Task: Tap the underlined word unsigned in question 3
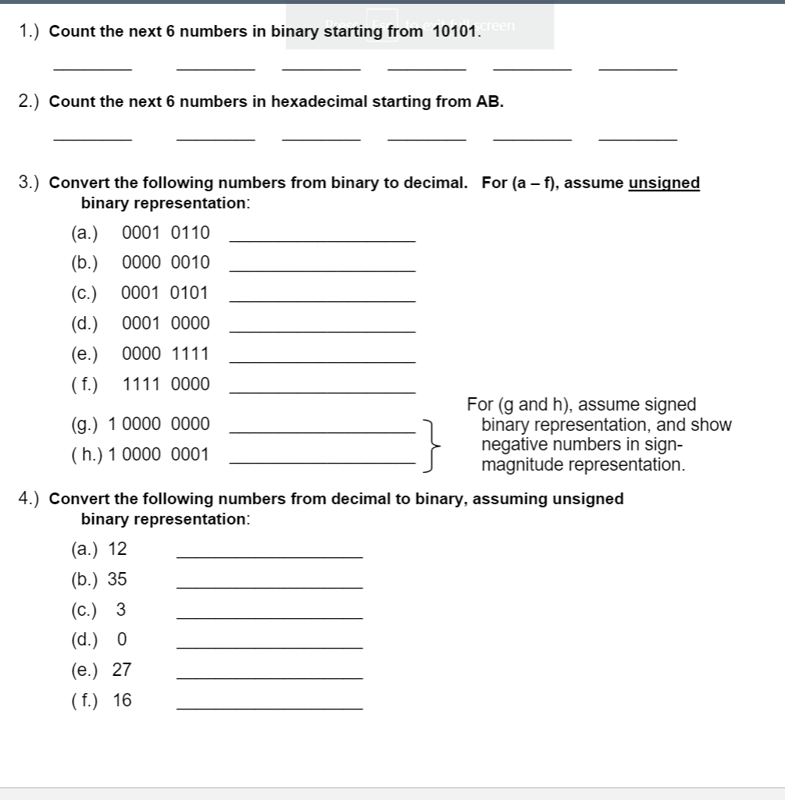pyautogui.click(x=664, y=183)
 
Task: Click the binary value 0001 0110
pyautogui.click(x=166, y=233)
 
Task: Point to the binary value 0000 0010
pyautogui.click(x=166, y=263)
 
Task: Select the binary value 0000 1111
pyautogui.click(x=166, y=354)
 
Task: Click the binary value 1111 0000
pyautogui.click(x=166, y=385)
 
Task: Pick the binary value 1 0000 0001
pyautogui.click(x=159, y=454)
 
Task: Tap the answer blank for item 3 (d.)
pyautogui.click(x=323, y=331)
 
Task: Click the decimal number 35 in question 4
pyautogui.click(x=117, y=580)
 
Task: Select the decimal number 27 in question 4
pyautogui.click(x=122, y=670)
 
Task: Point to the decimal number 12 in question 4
pyautogui.click(x=117, y=549)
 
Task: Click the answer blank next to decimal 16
pyautogui.click(x=269, y=707)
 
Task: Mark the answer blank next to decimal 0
pyautogui.click(x=269, y=646)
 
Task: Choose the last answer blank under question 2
pyautogui.click(x=637, y=138)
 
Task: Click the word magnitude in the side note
pyautogui.click(x=521, y=465)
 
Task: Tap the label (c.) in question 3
pyautogui.click(x=84, y=293)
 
